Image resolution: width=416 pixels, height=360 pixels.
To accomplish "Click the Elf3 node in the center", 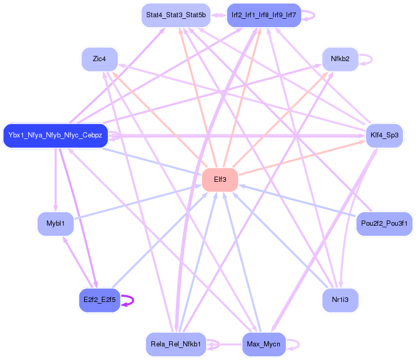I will point(220,180).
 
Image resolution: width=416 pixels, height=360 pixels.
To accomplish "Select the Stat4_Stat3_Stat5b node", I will point(175,15).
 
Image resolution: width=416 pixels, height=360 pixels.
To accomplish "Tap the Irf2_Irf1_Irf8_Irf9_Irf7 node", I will point(264,15).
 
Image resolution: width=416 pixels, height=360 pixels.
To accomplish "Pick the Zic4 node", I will point(99,59).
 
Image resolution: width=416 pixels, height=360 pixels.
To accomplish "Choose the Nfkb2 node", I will point(340,59).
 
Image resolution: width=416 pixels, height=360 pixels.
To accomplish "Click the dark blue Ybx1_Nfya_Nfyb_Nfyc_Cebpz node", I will point(55,136).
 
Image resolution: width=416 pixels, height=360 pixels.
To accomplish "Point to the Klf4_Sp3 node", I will point(385,135).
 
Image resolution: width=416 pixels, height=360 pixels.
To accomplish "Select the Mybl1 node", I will point(55,224).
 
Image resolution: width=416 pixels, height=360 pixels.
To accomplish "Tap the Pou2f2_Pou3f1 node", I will point(384,224).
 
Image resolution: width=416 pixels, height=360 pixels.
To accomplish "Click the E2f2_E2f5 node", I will point(99,300).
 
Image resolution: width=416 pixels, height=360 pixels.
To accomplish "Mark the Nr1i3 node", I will point(340,300).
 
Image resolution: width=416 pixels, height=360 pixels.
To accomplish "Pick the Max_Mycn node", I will point(264,344).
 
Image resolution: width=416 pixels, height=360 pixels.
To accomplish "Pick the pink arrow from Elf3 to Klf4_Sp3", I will point(303,157).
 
